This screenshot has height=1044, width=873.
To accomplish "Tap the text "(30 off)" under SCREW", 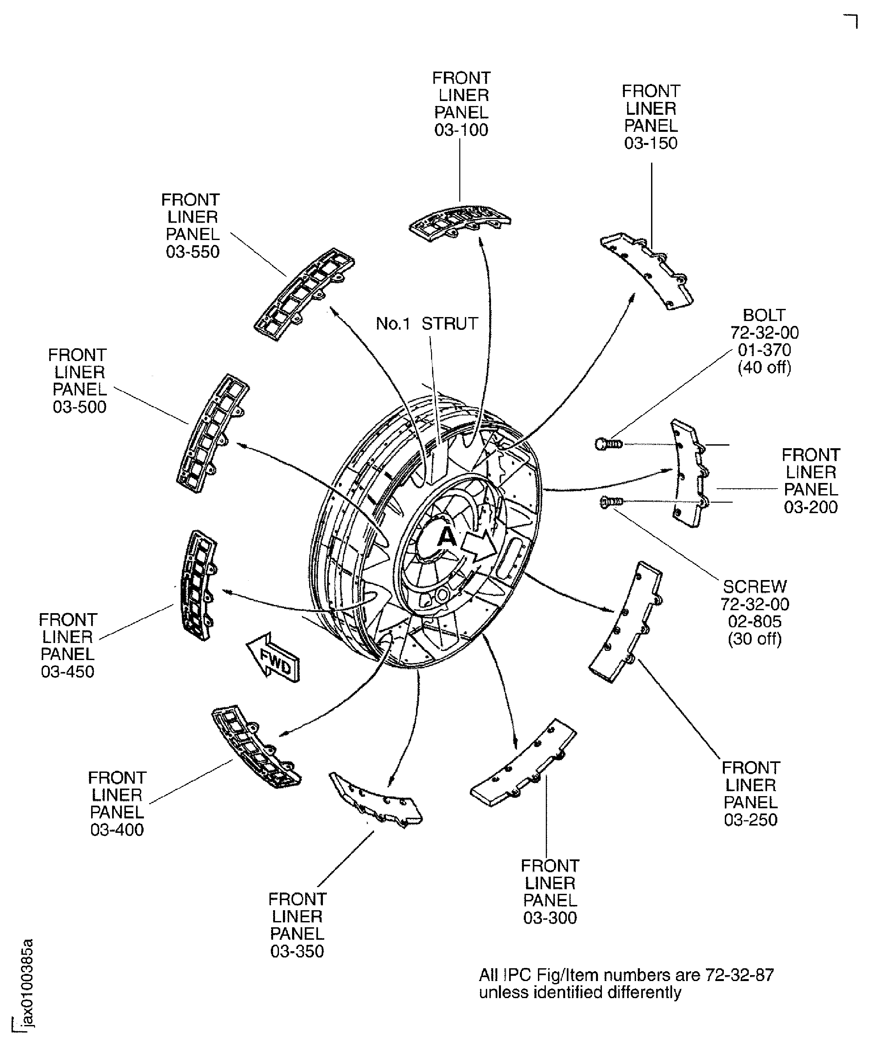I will [x=754, y=639].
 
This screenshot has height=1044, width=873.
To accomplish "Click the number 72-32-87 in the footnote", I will [x=740, y=975].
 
